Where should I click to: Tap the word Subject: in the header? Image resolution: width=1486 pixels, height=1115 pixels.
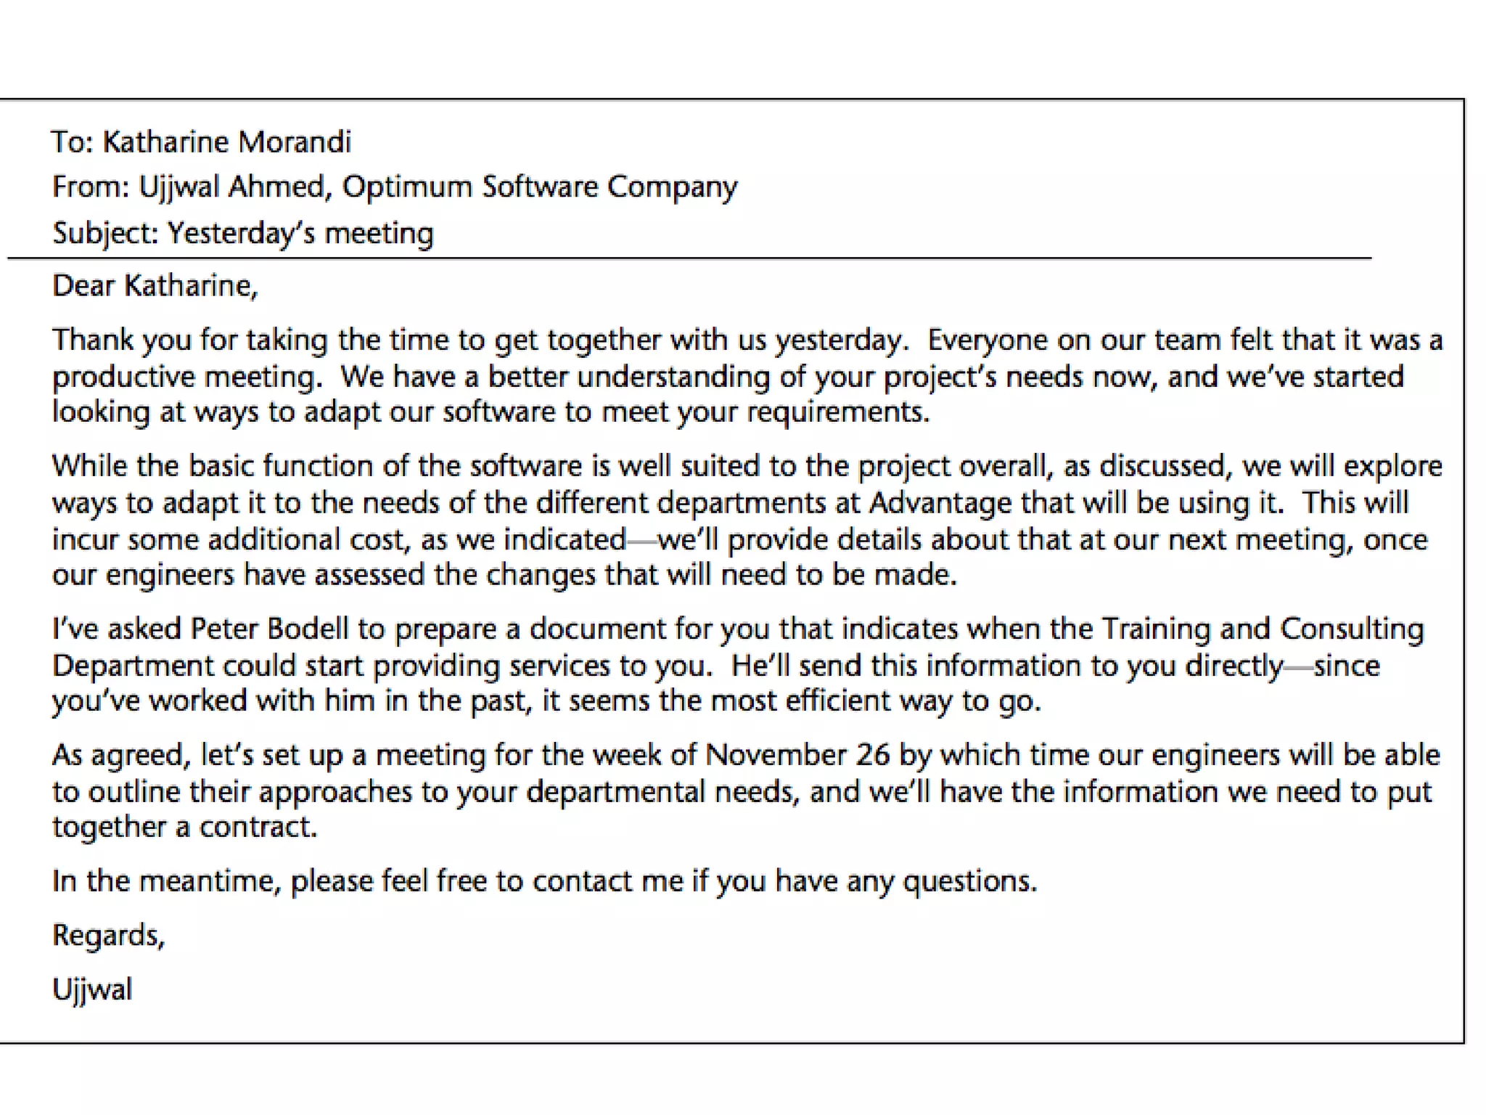coord(105,234)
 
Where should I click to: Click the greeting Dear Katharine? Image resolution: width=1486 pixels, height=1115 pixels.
coord(155,286)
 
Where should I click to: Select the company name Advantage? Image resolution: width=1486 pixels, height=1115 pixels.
coord(940,502)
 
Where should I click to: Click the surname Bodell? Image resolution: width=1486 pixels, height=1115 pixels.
coord(308,629)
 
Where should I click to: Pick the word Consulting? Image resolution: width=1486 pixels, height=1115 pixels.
coord(1352,629)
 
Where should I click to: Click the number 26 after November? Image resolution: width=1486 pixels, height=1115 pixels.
coord(872,755)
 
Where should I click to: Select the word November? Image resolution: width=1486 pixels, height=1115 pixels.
coord(776,755)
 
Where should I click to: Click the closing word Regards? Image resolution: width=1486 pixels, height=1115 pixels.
coord(109,936)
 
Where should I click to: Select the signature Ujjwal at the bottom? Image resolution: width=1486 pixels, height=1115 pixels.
coord(92,989)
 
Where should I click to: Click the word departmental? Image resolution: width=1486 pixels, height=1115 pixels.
coord(615,791)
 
